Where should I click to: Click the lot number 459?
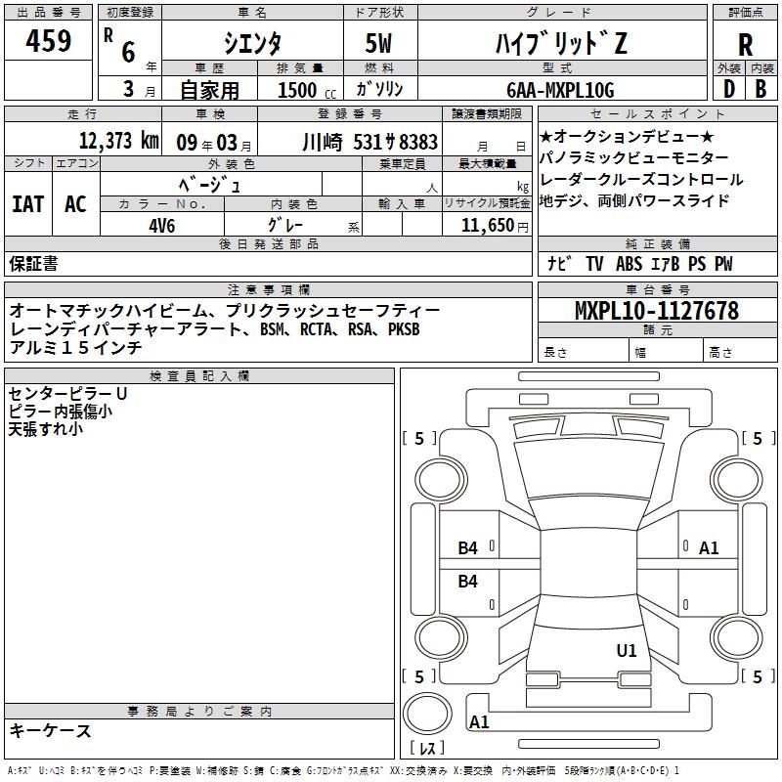click(x=50, y=41)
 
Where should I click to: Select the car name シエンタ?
click(x=252, y=42)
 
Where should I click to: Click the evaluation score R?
click(x=745, y=44)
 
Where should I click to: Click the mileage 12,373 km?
click(x=118, y=141)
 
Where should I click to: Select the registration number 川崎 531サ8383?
click(x=370, y=141)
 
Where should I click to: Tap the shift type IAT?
click(x=27, y=203)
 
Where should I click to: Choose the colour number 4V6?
click(x=163, y=224)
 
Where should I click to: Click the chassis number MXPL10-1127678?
click(x=656, y=311)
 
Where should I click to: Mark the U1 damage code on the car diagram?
click(x=627, y=650)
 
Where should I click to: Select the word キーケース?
click(x=50, y=730)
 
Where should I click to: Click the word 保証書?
click(x=34, y=263)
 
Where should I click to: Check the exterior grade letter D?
click(x=728, y=90)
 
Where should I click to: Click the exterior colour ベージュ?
click(x=209, y=184)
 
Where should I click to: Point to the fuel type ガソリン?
click(x=380, y=90)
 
